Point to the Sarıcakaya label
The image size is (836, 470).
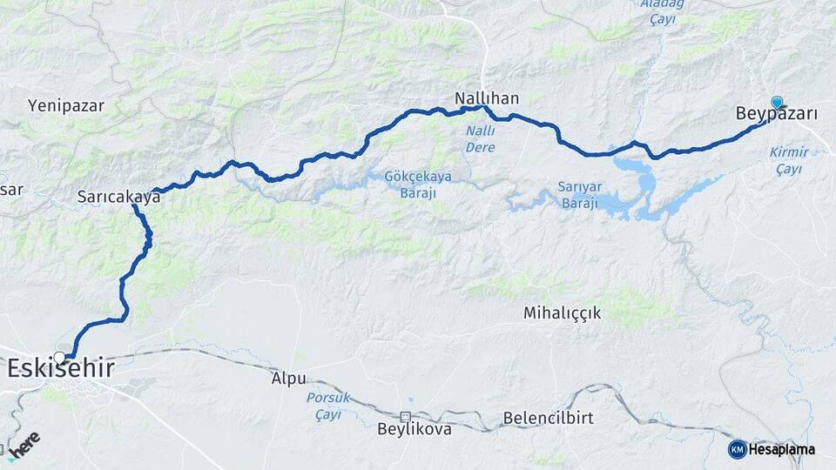pyautogui.click(x=118, y=197)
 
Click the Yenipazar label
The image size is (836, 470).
pyautogui.click(x=66, y=106)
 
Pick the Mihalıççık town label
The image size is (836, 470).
pyautogui.click(x=562, y=312)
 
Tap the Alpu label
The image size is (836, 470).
pyautogui.click(x=288, y=379)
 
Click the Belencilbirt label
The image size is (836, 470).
pyautogui.click(x=549, y=418)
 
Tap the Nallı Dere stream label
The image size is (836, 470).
pyautogui.click(x=479, y=139)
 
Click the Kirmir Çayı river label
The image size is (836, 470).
pyautogui.click(x=788, y=160)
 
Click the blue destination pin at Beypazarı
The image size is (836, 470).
pyautogui.click(x=777, y=103)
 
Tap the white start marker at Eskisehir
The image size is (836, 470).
pyautogui.click(x=59, y=357)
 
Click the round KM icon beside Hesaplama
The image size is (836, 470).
pyautogui.click(x=737, y=448)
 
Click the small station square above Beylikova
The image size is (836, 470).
pyautogui.click(x=406, y=416)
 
